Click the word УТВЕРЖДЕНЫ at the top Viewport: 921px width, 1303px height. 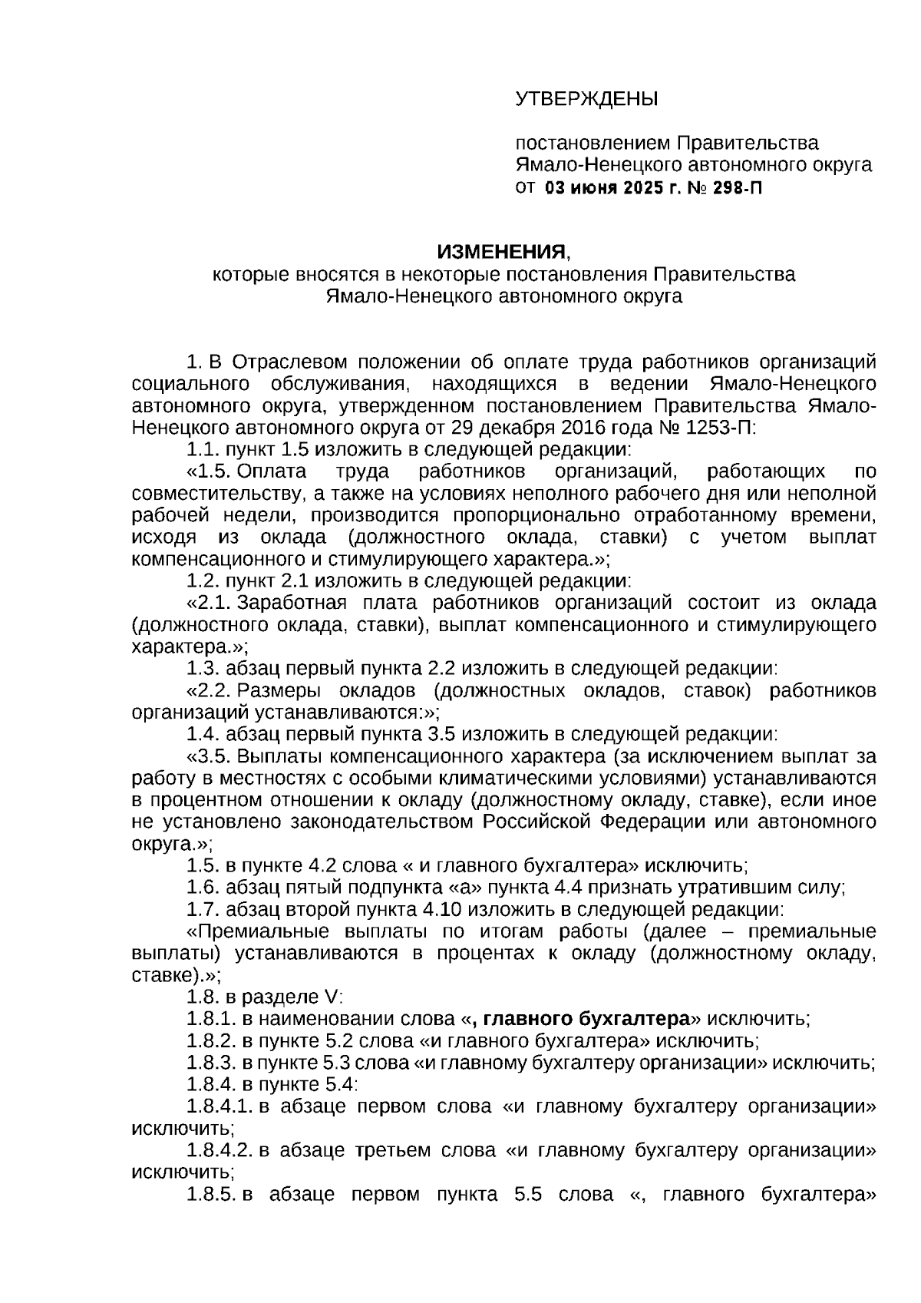[x=586, y=99]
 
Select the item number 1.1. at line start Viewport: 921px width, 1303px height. [x=203, y=449]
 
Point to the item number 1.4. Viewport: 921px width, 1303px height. [x=203, y=734]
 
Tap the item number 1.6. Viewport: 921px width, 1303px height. [x=203, y=888]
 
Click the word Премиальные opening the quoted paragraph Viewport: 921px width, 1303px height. [x=253, y=931]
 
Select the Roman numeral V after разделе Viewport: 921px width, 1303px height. [x=331, y=997]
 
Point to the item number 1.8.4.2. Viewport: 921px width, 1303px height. [x=220, y=1150]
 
